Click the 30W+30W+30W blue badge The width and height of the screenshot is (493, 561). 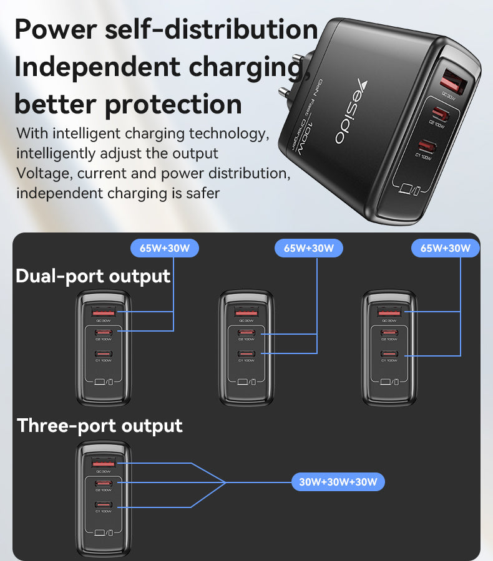tap(338, 482)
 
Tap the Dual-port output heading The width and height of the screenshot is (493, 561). tap(93, 276)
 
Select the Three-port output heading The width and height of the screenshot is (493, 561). tap(100, 426)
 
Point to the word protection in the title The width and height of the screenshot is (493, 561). tap(173, 103)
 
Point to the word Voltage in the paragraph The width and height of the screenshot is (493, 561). tap(42, 173)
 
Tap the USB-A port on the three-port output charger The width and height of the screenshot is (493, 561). tap(104, 464)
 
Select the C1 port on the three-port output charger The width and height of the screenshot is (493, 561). tap(103, 504)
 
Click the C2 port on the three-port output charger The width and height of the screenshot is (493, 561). tap(103, 483)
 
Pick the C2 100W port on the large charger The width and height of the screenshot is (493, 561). tap(437, 115)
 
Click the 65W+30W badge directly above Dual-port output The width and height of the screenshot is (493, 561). tap(165, 248)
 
